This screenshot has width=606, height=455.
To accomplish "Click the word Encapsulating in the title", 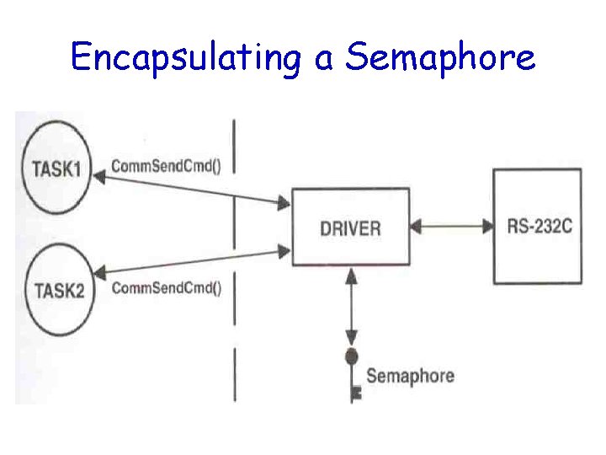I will tap(185, 58).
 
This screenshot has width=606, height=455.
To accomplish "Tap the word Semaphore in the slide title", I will tap(440, 58).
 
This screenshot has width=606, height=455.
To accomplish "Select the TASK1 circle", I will tap(56, 168).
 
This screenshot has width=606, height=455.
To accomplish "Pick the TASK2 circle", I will tap(58, 291).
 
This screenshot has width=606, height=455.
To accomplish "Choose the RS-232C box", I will tap(536, 227).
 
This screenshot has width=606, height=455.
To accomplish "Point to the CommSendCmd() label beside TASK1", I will tap(166, 166).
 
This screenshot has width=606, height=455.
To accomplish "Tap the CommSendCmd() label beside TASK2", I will tap(166, 288).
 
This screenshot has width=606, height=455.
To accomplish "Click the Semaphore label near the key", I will tap(410, 376).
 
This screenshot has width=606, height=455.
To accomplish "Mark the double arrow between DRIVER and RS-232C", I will tap(451, 226).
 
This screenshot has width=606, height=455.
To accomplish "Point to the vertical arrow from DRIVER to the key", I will tap(352, 308).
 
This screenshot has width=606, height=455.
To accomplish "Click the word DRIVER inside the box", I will tap(350, 227).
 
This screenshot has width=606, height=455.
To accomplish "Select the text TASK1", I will tap(56, 168).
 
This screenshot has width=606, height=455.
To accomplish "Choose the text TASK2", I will tap(58, 292).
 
